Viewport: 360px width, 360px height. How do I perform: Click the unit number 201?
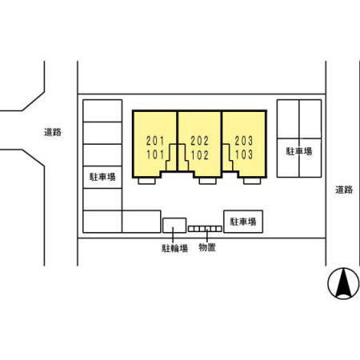click(x=155, y=141)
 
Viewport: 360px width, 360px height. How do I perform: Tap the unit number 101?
click(x=155, y=154)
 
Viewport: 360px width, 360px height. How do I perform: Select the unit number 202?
click(x=199, y=141)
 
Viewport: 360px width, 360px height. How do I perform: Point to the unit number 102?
click(x=199, y=154)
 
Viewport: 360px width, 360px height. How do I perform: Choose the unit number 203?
click(x=244, y=141)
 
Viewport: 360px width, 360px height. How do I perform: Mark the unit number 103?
click(x=244, y=154)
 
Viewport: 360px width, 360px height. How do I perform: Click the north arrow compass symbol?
click(x=343, y=283)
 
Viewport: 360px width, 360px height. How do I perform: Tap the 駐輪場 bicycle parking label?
click(x=175, y=248)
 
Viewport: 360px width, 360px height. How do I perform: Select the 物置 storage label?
click(x=207, y=247)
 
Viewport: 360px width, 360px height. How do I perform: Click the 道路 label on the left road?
click(x=53, y=132)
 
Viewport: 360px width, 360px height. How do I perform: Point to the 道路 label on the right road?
click(x=344, y=190)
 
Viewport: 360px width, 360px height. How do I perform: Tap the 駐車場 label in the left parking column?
click(x=102, y=177)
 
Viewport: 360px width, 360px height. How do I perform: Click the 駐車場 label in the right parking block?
click(x=299, y=151)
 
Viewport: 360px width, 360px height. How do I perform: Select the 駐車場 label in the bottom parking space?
click(x=243, y=222)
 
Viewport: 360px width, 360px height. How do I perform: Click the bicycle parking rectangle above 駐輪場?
click(x=174, y=226)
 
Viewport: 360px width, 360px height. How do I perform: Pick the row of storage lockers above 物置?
click(x=205, y=229)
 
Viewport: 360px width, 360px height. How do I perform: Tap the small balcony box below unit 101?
click(x=146, y=181)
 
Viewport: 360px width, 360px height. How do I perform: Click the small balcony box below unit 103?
click(x=252, y=181)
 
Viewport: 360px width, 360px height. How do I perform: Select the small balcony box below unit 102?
click(x=208, y=181)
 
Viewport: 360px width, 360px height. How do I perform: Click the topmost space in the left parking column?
click(x=102, y=110)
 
